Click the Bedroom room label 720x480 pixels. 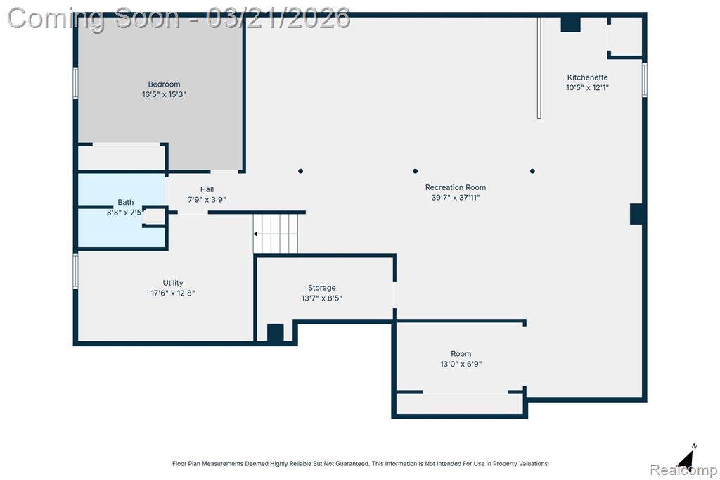coord(164,84)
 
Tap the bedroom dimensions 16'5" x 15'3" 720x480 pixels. coord(164,94)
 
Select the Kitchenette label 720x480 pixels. coord(587,77)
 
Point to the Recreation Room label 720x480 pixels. coord(456,187)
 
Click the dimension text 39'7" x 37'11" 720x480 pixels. coord(456,197)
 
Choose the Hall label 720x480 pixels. coord(207,189)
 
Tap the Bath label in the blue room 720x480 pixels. coord(125,202)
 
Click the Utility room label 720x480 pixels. coord(173,283)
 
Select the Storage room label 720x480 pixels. coord(321,288)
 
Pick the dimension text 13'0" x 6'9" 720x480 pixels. coord(461,364)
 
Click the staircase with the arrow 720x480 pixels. coord(276,234)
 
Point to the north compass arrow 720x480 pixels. coord(686,457)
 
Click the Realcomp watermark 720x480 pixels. coord(683,470)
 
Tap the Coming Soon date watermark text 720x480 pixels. coord(179,18)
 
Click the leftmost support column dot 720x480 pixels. coord(300,171)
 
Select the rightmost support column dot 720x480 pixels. coord(532,171)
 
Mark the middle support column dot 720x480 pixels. coord(415,171)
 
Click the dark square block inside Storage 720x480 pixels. coord(276,333)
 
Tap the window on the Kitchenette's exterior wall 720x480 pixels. coord(645,80)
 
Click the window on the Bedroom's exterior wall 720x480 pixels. coord(76,83)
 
